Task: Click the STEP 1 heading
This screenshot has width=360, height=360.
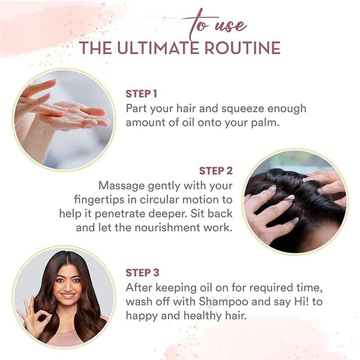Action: tap(142, 94)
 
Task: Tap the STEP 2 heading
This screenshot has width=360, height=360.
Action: tap(216, 171)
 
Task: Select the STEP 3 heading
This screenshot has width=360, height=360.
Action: tap(142, 273)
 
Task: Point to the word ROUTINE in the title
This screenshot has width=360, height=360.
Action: tap(242, 48)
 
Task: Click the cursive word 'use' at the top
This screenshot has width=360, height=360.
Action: tap(230, 26)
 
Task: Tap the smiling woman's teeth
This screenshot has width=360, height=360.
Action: tap(67, 295)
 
